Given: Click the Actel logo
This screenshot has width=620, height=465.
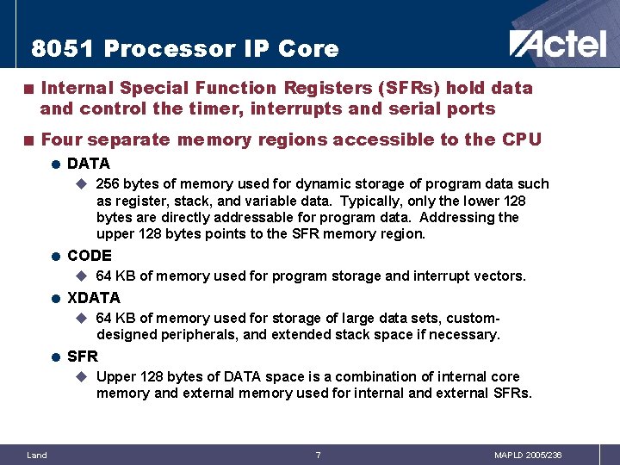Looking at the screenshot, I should tap(557, 43).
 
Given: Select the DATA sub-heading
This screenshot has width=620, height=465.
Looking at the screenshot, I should tap(89, 164).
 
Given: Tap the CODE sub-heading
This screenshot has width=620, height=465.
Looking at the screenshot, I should tap(90, 256).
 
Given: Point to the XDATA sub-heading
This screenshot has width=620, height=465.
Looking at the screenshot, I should tap(94, 298).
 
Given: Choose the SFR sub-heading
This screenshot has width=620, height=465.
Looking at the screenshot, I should tap(83, 356).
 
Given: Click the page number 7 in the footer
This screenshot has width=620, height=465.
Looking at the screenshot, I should tap(318, 455).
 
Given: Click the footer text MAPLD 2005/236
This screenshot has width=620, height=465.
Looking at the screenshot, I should tap(528, 455).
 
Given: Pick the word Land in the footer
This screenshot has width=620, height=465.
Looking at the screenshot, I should tap(37, 455).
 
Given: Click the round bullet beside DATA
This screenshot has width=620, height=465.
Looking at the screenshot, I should tap(55, 164).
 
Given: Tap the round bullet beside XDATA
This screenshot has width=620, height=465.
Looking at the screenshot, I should tap(55, 299).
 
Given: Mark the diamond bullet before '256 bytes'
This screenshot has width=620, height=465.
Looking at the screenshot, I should tap(82, 183).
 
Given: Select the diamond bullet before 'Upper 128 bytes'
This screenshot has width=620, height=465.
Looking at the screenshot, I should tap(82, 376).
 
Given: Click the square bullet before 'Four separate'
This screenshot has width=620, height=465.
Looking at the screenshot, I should tap(29, 139).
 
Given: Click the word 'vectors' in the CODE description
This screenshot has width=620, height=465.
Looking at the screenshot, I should tap(499, 276).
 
